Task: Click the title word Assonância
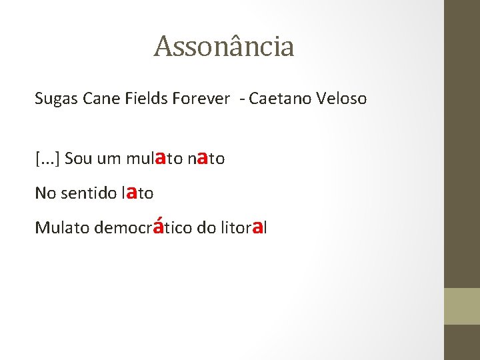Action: pos(223,47)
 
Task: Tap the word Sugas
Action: pos(57,99)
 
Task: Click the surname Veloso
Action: pos(342,99)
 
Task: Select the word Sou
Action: pos(79,159)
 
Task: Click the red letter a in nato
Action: pos(201,157)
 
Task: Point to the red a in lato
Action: pos(132,192)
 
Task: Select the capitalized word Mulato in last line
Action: pos(62,227)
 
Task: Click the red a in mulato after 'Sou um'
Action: pos(160,157)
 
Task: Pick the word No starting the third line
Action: pos(45,193)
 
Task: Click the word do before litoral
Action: pos(205,227)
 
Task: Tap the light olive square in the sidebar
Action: pos(462,306)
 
